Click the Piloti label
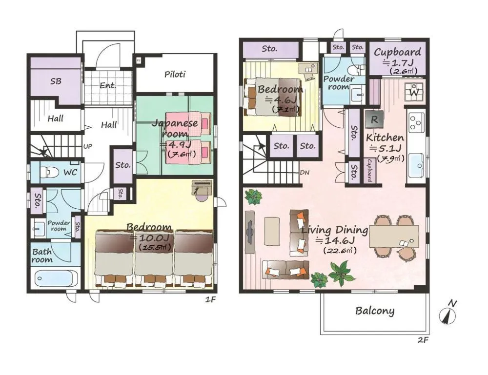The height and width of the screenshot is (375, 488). pyautogui.click(x=175, y=75)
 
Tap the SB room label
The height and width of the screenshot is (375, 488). pyautogui.click(x=56, y=81)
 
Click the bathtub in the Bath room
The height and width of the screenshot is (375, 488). pyautogui.click(x=54, y=279)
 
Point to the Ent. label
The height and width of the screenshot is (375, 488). pyautogui.click(x=108, y=86)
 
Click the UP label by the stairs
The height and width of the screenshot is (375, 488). pyautogui.click(x=88, y=146)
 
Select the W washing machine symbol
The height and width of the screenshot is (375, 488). pyautogui.click(x=414, y=91)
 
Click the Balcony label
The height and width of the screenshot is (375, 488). pyautogui.click(x=374, y=311)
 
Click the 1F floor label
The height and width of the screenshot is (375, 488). pyautogui.click(x=210, y=300)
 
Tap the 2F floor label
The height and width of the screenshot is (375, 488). pyautogui.click(x=423, y=340)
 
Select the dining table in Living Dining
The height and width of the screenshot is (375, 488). pyautogui.click(x=394, y=237)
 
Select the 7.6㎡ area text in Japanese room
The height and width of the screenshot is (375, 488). pyautogui.click(x=182, y=154)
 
